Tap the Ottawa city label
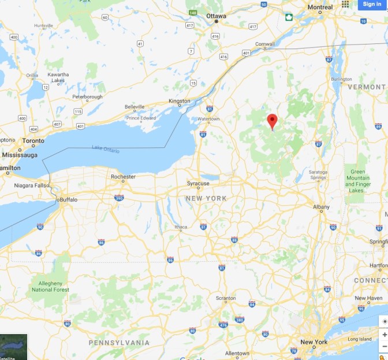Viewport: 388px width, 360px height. tap(217, 16)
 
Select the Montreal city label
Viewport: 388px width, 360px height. tap(320, 8)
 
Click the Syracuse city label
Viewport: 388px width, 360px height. tap(198, 183)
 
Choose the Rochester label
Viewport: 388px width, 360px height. tap(123, 176)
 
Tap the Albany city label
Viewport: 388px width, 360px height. tap(321, 207)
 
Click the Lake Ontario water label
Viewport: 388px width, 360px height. tap(106, 150)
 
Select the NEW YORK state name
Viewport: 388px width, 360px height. tap(206, 198)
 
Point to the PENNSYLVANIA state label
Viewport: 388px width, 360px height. tap(119, 343)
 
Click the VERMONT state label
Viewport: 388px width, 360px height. tap(367, 87)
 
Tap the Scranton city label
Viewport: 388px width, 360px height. tap(225, 298)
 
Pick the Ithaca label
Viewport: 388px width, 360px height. tap(181, 227)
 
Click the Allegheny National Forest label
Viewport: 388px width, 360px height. tap(46, 287)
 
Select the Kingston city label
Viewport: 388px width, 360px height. tap(179, 101)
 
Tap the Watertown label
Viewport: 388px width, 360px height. tap(208, 119)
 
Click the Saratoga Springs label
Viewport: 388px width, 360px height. tap(318, 175)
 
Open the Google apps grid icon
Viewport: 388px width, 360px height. tap(345, 4)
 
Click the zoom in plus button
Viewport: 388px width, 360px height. tap(384, 335)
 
